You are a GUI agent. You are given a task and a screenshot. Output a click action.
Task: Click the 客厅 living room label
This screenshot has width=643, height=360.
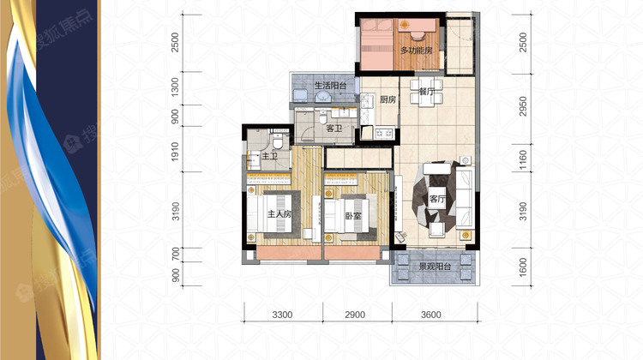click(437, 199)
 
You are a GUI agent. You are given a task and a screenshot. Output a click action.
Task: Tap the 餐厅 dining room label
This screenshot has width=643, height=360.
click(426, 92)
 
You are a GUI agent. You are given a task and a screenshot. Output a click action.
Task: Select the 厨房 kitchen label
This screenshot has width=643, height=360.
click(388, 99)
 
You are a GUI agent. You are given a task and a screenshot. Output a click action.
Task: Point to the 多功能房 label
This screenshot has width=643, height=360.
click(416, 51)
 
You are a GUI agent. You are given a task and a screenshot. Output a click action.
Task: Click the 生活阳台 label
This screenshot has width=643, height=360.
click(330, 86)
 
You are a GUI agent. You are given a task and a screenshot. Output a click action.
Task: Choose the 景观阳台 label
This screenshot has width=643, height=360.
click(435, 267)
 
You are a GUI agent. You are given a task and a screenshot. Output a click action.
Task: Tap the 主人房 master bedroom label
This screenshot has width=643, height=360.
click(279, 214)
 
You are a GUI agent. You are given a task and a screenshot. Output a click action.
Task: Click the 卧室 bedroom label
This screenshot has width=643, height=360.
click(353, 215)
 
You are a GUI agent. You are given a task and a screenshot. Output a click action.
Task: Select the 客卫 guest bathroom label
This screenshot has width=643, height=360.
click(334, 129)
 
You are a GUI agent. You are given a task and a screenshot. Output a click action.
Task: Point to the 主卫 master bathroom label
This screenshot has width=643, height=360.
click(269, 156)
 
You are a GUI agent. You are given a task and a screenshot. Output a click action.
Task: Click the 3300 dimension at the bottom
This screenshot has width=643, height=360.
click(283, 315)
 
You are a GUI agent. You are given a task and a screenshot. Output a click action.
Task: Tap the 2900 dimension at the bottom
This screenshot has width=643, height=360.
click(355, 315)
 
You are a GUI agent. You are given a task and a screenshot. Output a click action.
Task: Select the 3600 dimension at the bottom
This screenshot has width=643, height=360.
click(431, 315)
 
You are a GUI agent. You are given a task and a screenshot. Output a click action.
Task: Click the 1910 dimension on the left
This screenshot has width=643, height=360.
click(176, 152)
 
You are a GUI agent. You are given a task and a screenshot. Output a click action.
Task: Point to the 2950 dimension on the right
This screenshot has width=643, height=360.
click(523, 106)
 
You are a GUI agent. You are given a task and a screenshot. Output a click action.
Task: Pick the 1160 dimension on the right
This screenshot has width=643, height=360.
click(523, 160)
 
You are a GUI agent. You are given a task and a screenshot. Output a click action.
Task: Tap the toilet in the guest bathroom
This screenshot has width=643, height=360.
click(322, 117)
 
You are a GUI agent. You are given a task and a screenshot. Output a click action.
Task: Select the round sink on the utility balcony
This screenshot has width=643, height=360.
click(323, 97)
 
